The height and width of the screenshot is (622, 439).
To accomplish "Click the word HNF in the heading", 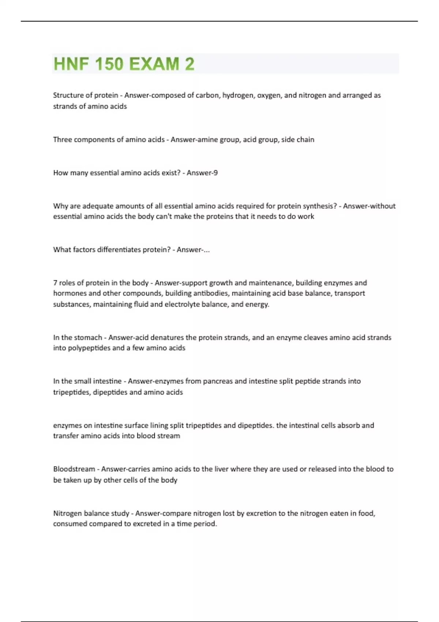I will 71,64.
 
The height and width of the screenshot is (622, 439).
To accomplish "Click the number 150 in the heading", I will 109,64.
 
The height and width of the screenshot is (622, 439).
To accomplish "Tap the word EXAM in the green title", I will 154,64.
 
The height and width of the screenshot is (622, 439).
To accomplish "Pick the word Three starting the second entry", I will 63,139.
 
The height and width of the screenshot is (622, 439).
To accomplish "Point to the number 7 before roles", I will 55,283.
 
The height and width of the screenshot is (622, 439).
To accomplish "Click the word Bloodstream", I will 74,469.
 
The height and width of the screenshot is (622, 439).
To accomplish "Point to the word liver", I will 221,469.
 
